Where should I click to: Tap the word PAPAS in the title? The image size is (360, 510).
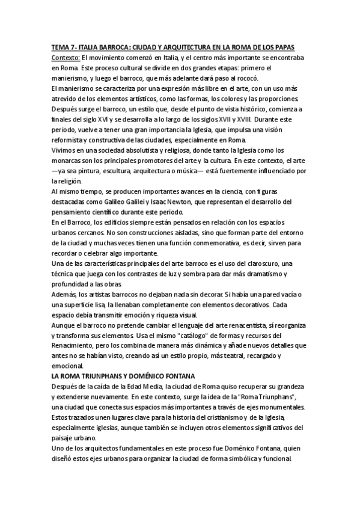[295, 47]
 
